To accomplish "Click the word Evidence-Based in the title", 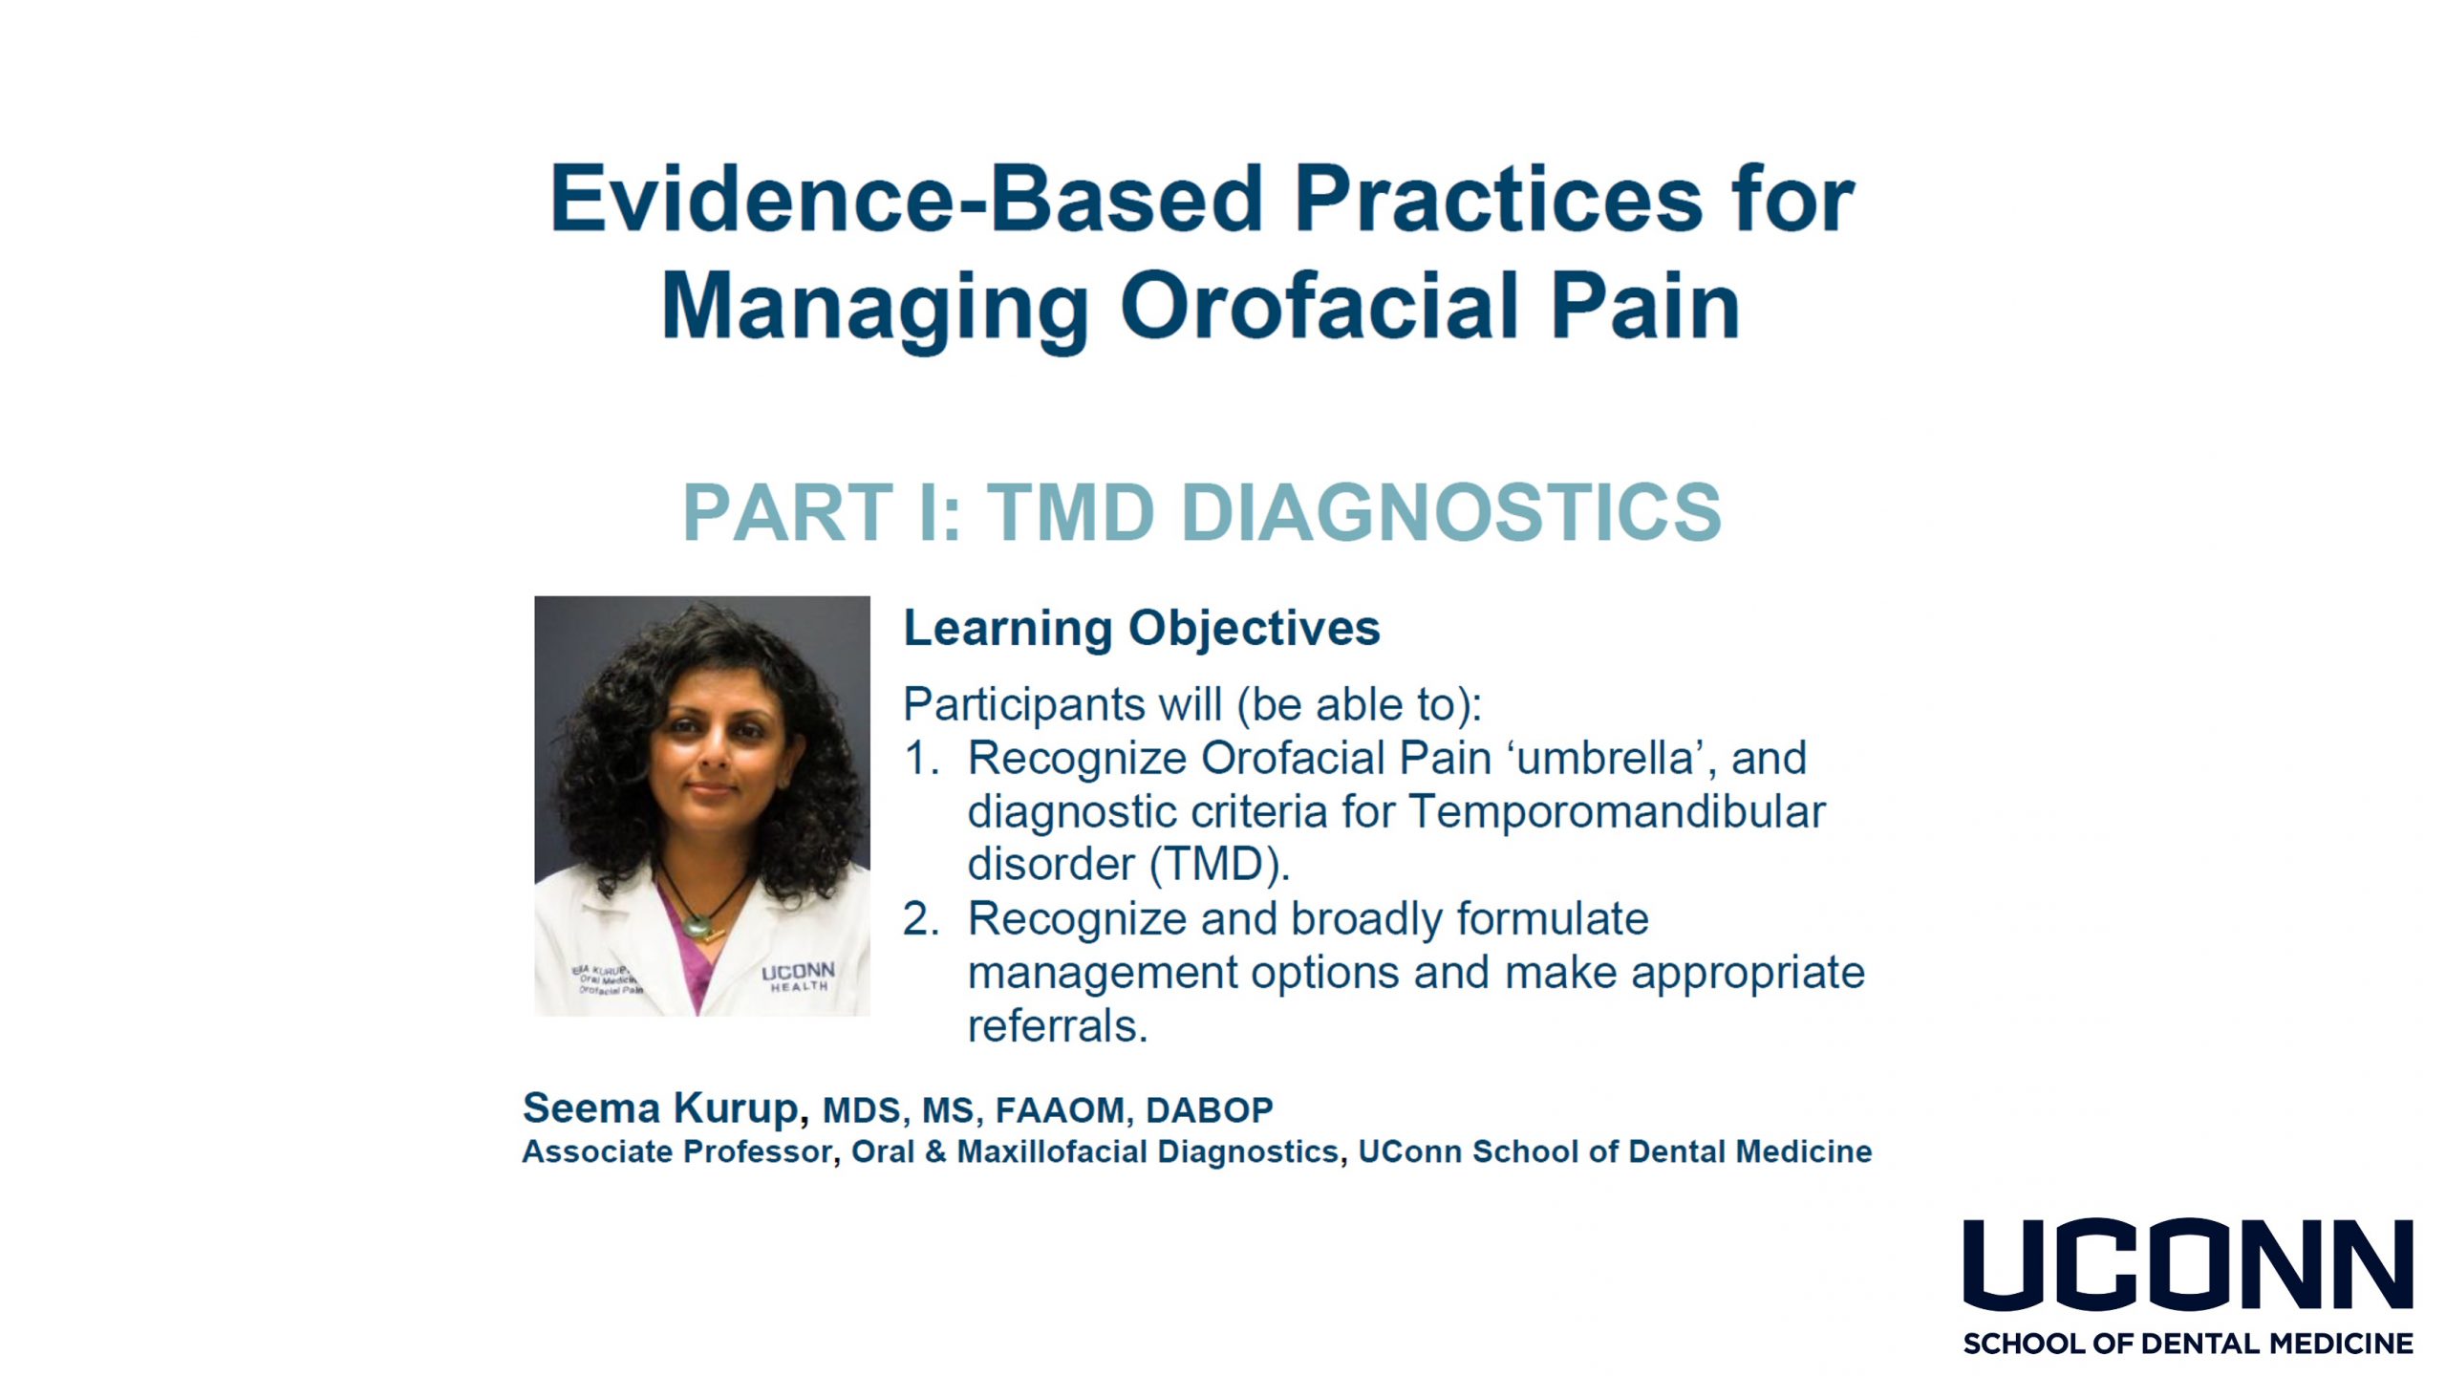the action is pos(907,199).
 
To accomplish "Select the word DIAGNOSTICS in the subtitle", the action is pos(1451,512).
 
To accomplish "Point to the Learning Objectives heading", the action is pos(1142,629).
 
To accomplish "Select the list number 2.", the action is pos(921,919).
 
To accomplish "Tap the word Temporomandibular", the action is pos(1617,812).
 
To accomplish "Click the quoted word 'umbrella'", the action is pos(1606,759).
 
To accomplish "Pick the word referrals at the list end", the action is pos(1058,1026).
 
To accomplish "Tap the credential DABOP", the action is pos(1210,1110).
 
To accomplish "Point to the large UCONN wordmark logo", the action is pos(2188,1264).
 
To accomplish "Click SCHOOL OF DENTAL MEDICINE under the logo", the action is pos(2188,1344).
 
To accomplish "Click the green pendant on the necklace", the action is pos(698,924).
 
